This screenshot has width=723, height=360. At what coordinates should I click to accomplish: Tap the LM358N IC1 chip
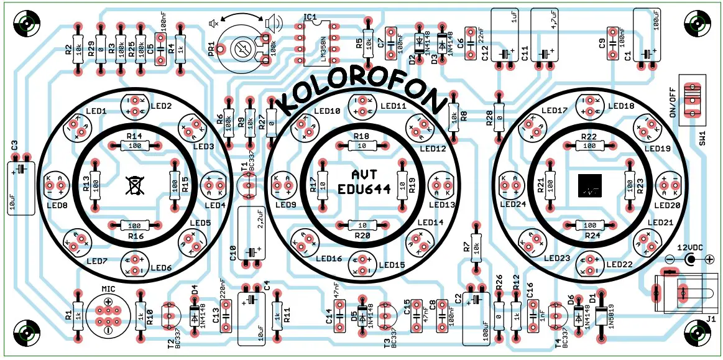tap(319, 43)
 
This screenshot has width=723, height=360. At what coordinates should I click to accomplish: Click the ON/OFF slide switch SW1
tap(692, 99)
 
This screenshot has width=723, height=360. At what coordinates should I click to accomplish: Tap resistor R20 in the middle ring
tap(362, 225)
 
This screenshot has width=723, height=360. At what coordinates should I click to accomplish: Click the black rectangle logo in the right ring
tap(589, 185)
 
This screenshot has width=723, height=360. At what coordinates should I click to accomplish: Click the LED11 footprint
tap(362, 106)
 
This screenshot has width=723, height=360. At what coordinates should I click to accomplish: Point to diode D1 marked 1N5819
tap(601, 316)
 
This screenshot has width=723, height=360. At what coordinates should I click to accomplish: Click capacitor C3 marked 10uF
tap(21, 184)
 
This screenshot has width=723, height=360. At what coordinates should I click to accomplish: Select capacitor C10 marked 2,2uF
tap(251, 236)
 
